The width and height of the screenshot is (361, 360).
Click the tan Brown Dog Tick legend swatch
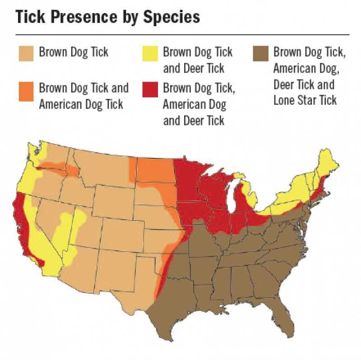click(x=27, y=53)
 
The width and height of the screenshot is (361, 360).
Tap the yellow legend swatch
click(x=150, y=53)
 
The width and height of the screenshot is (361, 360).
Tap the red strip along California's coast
click(x=20, y=226)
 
